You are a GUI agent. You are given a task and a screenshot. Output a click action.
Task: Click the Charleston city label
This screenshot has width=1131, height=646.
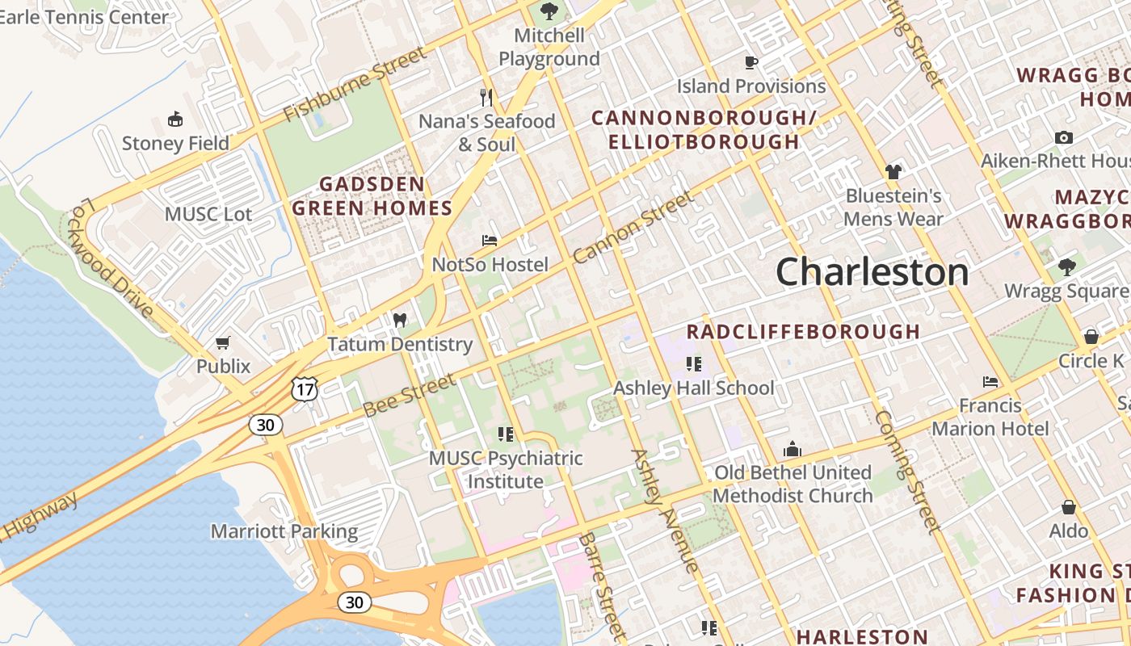pos(872,272)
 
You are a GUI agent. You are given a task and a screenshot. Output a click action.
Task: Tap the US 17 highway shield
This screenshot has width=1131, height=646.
pos(305,389)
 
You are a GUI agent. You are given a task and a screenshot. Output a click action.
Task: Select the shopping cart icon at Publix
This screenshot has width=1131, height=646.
pos(223,342)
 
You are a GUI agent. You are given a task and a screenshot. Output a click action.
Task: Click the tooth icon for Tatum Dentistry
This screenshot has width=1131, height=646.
pos(399,320)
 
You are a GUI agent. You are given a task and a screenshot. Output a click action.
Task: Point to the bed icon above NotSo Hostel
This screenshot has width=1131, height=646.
pos(490,241)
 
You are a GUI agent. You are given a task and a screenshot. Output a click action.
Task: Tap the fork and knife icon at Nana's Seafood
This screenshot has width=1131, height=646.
pos(486,98)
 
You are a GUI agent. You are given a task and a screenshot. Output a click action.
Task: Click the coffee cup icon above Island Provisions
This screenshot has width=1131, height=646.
pos(751,62)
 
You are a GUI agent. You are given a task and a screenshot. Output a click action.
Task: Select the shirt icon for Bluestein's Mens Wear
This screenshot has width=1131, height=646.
pos(893,171)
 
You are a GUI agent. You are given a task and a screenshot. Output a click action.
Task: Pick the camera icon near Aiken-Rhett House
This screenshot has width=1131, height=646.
pos(1064,137)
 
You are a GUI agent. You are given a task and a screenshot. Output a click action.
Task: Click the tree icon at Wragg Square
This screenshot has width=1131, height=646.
pos(1067,266)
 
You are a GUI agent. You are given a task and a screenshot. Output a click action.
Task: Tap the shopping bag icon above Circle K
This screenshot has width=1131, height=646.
pos(1091,337)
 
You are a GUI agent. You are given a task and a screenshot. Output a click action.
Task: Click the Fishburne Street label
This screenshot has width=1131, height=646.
pos(355,83)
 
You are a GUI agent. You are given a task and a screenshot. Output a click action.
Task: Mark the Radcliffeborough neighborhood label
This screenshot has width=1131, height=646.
pos(803,332)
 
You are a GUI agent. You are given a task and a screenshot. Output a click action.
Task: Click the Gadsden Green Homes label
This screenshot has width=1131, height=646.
pos(372,196)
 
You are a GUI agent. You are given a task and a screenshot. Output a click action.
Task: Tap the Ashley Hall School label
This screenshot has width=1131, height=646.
pos(693,388)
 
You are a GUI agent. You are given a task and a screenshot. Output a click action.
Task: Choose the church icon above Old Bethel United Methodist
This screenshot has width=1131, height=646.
pos(792,449)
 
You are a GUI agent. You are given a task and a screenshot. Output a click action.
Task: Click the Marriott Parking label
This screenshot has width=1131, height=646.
pos(284,531)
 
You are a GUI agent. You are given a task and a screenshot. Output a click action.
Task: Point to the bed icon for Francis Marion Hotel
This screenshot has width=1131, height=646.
pos(990,381)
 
